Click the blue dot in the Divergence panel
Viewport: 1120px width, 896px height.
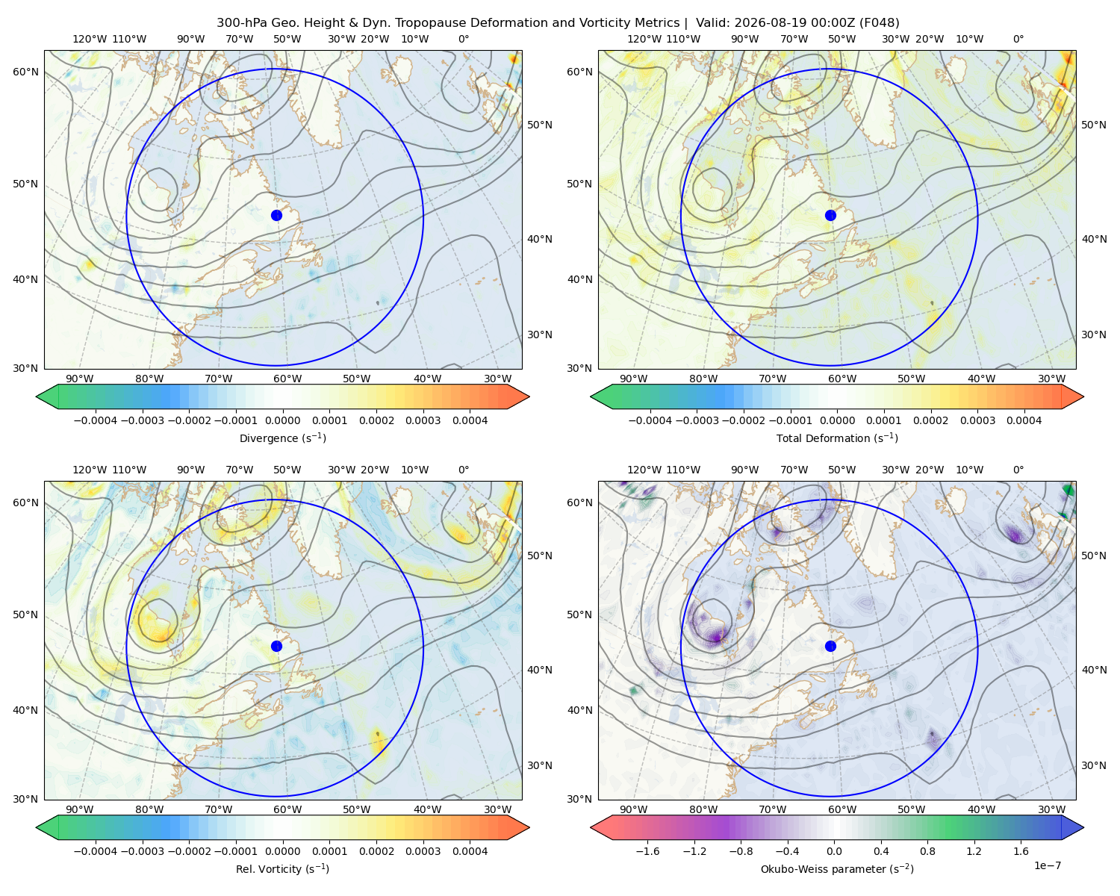coord(276,216)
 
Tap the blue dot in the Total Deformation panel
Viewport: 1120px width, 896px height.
coord(830,216)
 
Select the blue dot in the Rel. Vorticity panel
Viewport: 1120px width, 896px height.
coord(276,646)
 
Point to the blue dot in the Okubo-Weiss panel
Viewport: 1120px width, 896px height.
coord(830,646)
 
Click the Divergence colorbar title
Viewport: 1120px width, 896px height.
coord(282,438)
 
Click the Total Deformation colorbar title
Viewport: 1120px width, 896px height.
coord(837,438)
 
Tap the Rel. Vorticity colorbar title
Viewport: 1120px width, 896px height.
coord(282,869)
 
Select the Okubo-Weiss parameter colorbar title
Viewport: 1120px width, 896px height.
coord(837,869)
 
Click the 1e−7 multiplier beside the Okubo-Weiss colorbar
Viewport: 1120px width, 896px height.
coord(1047,865)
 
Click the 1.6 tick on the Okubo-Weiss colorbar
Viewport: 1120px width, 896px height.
coord(1021,851)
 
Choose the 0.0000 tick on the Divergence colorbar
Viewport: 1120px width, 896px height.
coord(282,420)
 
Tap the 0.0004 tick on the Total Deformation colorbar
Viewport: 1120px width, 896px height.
coord(1024,420)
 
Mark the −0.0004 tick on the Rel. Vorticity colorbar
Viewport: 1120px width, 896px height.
coord(96,851)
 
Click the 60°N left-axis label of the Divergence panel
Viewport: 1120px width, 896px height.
coord(25,72)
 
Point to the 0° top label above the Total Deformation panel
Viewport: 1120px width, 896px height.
coord(1018,39)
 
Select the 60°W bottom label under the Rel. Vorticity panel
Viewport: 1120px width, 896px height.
coord(287,809)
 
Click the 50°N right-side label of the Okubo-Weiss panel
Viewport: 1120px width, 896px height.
coord(1094,556)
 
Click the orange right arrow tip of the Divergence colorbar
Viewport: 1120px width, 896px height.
coord(529,396)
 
